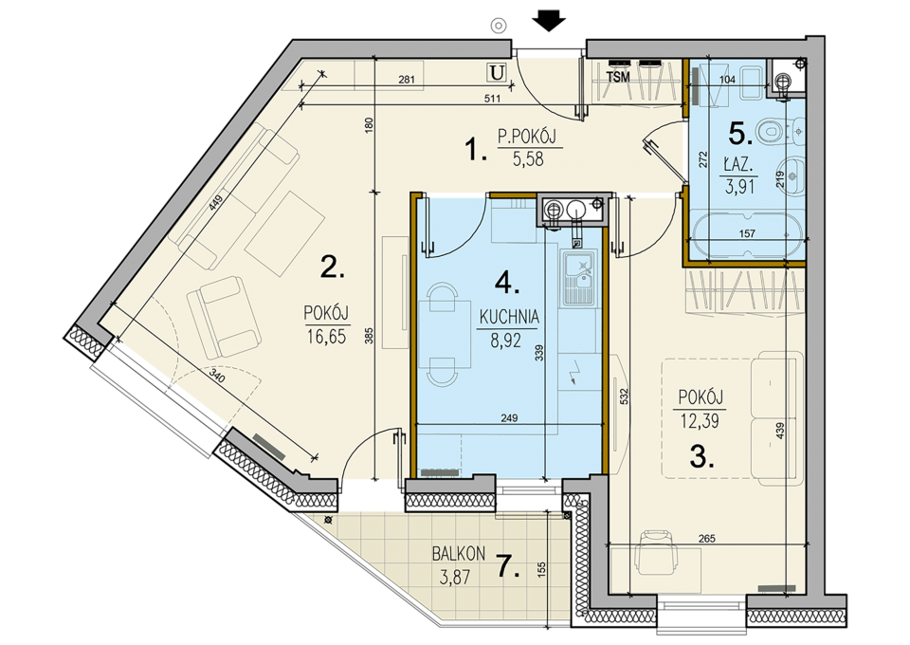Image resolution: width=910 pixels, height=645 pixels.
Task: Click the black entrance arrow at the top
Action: point(549,22)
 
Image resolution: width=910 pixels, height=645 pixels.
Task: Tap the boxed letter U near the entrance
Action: point(497,73)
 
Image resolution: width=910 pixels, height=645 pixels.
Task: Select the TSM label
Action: point(617,77)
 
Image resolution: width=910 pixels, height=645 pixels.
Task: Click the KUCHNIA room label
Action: point(509,317)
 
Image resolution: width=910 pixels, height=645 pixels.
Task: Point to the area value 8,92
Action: point(505,341)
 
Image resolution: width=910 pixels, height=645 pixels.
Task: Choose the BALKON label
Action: point(459,554)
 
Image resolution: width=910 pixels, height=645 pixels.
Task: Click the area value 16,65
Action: point(326,337)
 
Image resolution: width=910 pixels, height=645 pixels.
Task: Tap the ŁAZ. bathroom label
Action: point(738,165)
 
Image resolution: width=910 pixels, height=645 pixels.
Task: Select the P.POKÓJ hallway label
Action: point(527,137)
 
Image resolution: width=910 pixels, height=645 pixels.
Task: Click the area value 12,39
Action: point(700,421)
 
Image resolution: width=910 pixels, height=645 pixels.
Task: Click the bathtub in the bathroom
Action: point(746,234)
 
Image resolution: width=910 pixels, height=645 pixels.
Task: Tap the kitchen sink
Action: point(578,278)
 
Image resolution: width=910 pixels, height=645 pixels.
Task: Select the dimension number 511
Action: point(492,99)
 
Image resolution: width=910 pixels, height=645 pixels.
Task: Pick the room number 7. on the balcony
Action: point(508,566)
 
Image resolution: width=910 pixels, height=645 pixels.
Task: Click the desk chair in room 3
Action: point(655,551)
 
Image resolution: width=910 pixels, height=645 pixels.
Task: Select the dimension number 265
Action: point(707,539)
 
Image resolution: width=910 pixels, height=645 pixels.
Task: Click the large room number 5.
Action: point(740,135)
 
